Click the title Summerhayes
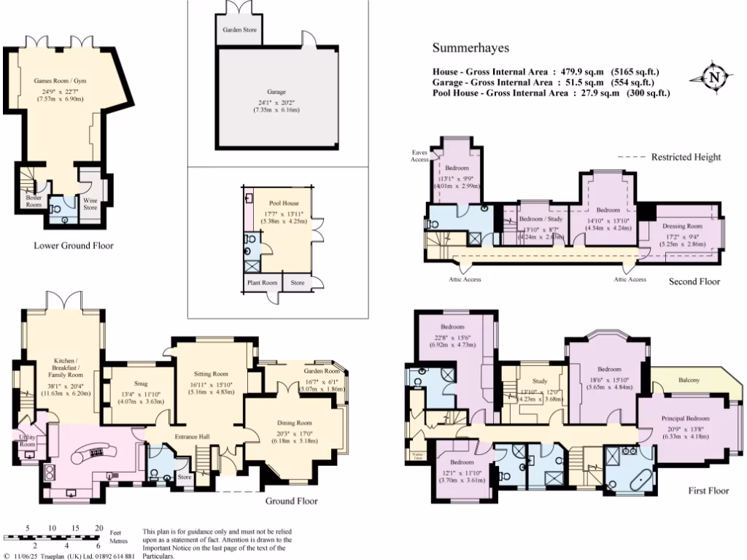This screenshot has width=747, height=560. coord(471,49)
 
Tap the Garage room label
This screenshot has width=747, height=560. coord(276,93)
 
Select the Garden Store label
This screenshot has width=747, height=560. coord(239,32)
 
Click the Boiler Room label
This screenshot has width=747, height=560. coord(34,201)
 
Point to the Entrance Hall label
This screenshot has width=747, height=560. coord(192,437)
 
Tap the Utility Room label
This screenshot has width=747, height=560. coord(27,440)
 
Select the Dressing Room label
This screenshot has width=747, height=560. coord(680,226)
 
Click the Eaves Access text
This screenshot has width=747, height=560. coord(419,155)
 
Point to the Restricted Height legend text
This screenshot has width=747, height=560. coord(686,157)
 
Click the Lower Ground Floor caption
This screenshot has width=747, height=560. coord(74,246)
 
